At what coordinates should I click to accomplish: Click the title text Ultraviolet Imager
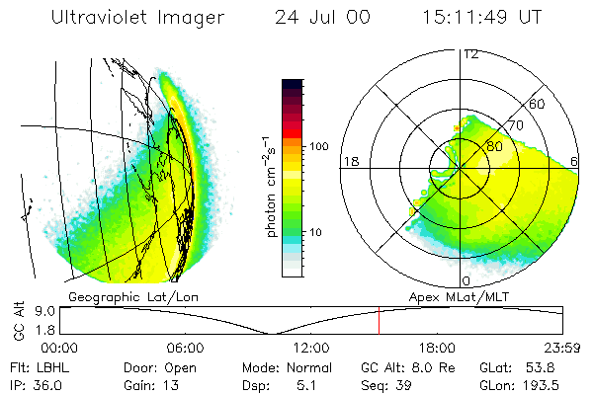(x=137, y=18)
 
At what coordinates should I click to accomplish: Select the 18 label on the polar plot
(x=350, y=161)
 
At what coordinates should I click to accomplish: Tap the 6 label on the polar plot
(x=575, y=161)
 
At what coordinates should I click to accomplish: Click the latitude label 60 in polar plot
(x=538, y=104)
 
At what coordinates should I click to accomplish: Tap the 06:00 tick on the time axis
(x=186, y=348)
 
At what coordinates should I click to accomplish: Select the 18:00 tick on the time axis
(x=437, y=348)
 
